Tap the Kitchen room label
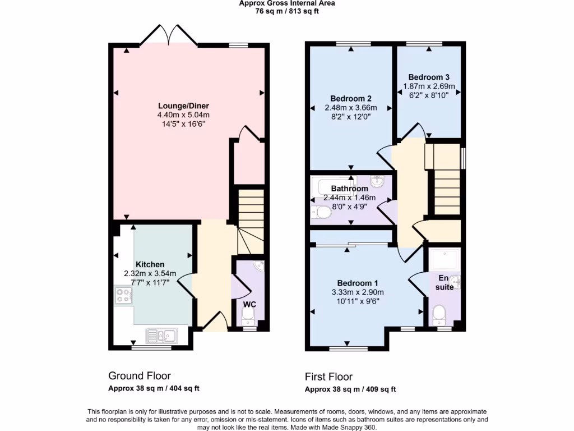[x=150, y=264]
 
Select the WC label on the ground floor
[x=249, y=304]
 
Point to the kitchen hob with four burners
[x=124, y=295]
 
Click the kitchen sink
[x=161, y=336]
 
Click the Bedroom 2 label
[x=350, y=98]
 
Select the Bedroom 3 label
[x=429, y=77]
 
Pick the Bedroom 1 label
[x=357, y=283]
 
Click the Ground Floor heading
[x=139, y=376]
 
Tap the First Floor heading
[x=328, y=377]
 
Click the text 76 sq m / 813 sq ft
[x=287, y=11]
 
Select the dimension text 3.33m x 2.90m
[x=357, y=292]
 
